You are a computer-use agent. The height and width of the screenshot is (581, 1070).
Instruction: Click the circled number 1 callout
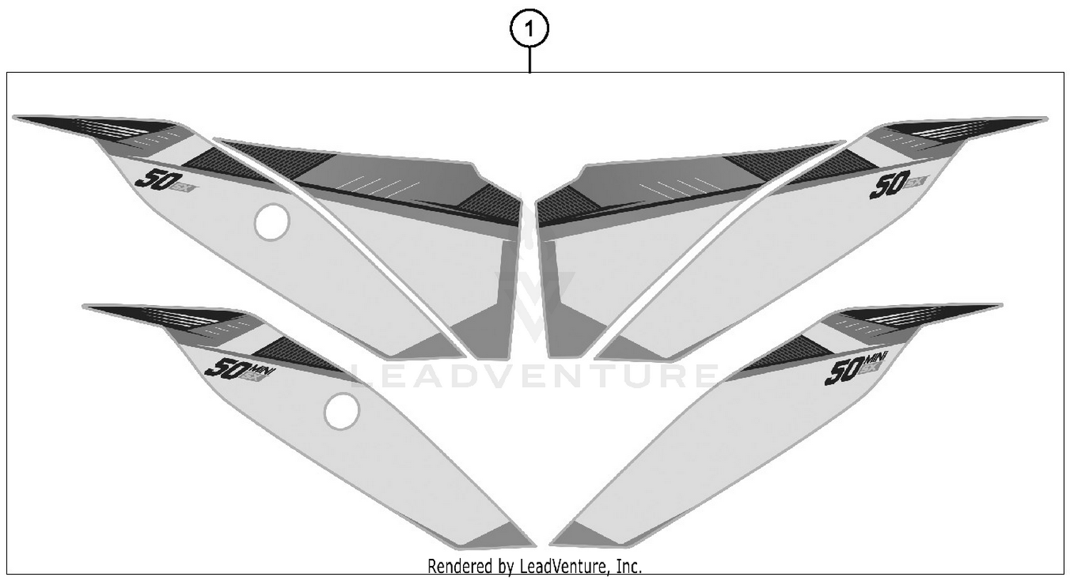point(529,30)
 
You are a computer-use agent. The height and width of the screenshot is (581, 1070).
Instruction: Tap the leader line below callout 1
point(529,60)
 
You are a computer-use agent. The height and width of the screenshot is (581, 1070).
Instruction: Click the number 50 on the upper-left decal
point(154,178)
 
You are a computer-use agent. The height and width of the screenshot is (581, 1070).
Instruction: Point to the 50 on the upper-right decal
point(887,187)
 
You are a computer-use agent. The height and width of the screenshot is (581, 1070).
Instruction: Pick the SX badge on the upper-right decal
point(915,181)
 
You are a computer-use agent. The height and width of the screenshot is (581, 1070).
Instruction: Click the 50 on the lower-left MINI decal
point(225,368)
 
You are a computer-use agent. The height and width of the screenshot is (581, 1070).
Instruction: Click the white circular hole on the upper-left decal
point(272,222)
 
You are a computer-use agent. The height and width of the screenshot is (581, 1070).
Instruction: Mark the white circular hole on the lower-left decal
point(342,412)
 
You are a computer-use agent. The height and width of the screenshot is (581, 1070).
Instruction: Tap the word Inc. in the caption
point(628,567)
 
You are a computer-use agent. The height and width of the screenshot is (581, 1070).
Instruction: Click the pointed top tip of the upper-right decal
point(1045,118)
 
